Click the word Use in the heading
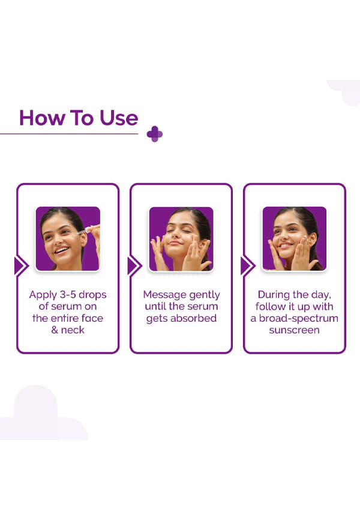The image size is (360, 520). click(119, 118)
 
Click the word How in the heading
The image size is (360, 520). click(42, 118)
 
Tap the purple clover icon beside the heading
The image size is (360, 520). click(154, 134)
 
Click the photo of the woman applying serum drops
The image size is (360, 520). click(68, 238)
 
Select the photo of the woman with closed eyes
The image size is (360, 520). click(181, 238)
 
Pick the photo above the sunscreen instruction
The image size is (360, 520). click(295, 238)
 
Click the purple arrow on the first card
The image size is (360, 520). click(21, 266)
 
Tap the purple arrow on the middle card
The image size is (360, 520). click(134, 266)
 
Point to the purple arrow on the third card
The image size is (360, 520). click(248, 266)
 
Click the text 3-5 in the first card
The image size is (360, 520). click(68, 294)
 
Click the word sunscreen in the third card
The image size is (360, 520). click(295, 330)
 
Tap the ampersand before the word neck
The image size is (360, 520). click(55, 330)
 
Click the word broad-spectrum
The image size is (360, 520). click(299, 319)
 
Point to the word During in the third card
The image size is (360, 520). click(273, 294)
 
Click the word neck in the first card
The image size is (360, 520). click(73, 330)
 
